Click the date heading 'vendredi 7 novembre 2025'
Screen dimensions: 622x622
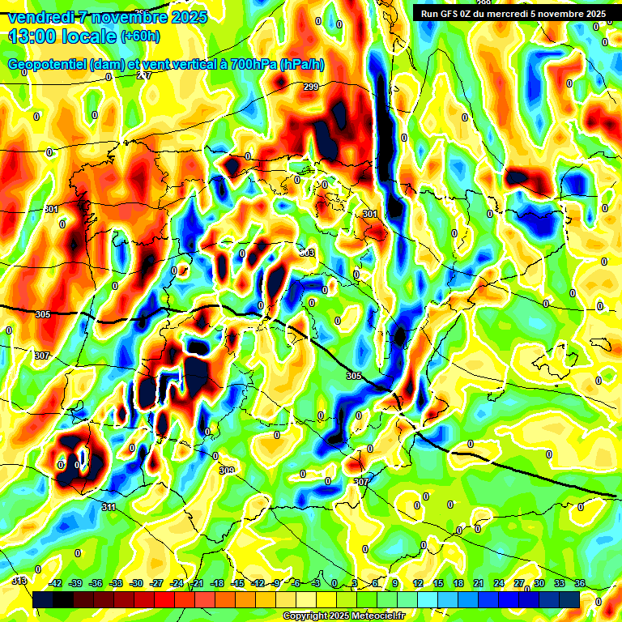(109, 17)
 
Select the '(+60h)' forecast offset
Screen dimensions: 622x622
(140, 36)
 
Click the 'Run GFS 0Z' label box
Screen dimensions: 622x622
(511, 14)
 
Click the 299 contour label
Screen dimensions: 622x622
(310, 87)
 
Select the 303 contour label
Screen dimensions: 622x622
(306, 253)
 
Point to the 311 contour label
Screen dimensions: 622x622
(109, 507)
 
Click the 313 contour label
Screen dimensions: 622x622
(19, 581)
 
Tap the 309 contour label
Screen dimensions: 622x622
(227, 471)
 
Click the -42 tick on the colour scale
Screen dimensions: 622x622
(56, 583)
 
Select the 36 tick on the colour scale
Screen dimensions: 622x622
(580, 583)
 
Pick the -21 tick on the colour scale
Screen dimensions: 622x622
(197, 583)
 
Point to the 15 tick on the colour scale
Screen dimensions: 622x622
(438, 583)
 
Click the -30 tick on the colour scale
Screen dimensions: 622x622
(136, 583)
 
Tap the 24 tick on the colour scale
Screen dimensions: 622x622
(499, 583)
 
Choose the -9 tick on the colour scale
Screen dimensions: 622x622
(277, 583)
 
